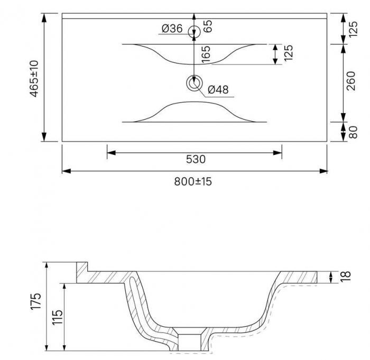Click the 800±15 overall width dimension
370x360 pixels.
(193, 181)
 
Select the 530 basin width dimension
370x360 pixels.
(196, 159)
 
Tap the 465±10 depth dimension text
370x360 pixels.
(34, 79)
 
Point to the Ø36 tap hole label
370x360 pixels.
(172, 29)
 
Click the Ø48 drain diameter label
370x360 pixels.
(218, 90)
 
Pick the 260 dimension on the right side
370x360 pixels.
(351, 81)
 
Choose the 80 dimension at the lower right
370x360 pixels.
(353, 132)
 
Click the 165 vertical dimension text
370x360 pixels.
(206, 54)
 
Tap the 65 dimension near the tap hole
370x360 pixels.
(208, 26)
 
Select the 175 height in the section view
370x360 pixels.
(36, 301)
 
